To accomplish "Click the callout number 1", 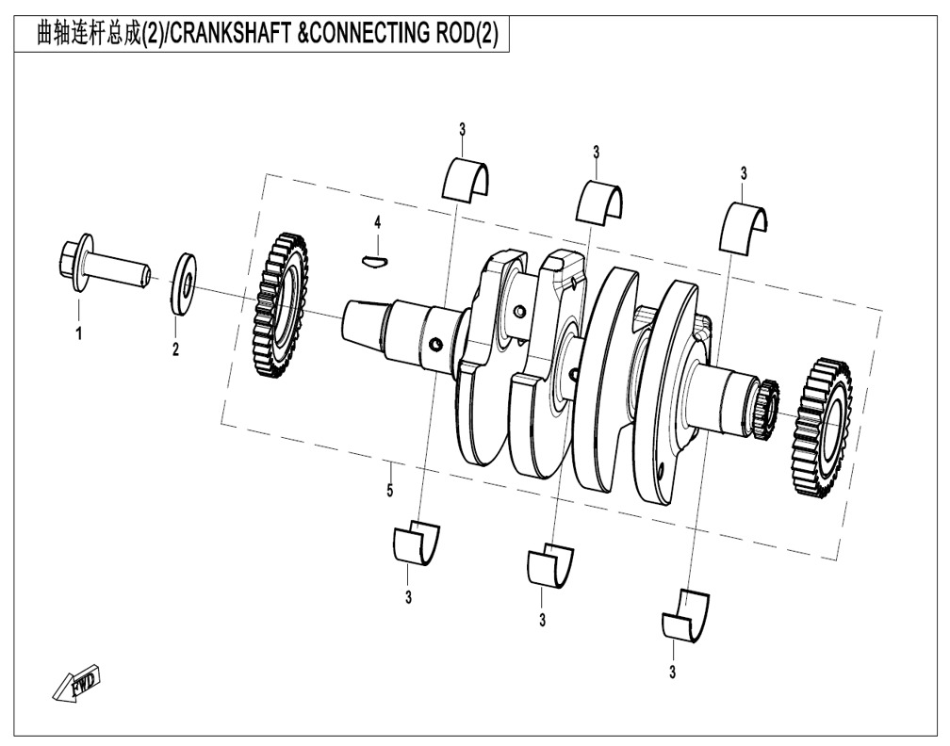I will coord(79,332).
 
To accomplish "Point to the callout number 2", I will coord(175,349).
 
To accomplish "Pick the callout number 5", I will coord(389,491).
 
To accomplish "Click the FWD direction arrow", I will coord(76,686).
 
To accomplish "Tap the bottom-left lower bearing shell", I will coord(414,543).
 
